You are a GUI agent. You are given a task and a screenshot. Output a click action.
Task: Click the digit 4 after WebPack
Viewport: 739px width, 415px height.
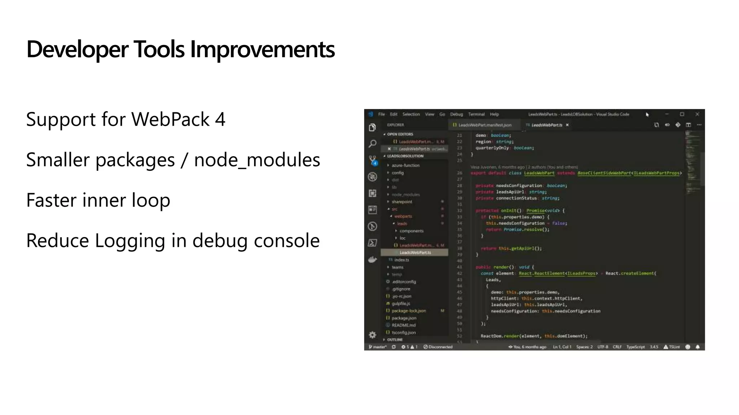(x=220, y=120)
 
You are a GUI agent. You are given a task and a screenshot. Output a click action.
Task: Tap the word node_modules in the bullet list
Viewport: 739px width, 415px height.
(x=257, y=160)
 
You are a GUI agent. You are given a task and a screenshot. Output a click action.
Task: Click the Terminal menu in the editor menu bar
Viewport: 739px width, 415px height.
(x=476, y=114)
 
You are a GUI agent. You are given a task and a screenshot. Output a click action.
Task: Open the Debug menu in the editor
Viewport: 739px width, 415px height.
(x=456, y=114)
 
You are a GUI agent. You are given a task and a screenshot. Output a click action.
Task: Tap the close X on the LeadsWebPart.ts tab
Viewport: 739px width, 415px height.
(x=567, y=125)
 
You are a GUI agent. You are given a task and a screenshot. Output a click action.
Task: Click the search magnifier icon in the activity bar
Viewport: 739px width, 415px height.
(x=373, y=144)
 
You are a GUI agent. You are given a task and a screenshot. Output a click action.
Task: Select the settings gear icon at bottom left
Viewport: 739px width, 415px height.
(x=373, y=335)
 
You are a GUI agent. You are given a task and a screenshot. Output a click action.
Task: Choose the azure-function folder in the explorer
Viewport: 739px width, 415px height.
(x=406, y=165)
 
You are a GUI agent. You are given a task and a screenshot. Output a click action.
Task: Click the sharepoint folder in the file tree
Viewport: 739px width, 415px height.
(x=402, y=202)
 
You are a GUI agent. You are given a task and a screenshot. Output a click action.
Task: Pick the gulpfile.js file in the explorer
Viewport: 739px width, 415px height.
(x=401, y=303)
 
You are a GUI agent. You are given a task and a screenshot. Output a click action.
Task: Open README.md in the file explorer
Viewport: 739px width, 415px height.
(x=403, y=325)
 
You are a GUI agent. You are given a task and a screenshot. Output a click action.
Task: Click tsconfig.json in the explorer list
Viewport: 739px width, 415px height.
(x=403, y=333)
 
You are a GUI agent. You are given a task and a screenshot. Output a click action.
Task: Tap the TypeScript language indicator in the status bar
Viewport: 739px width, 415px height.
(x=635, y=347)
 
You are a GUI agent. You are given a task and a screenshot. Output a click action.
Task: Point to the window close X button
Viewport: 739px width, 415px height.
(x=697, y=114)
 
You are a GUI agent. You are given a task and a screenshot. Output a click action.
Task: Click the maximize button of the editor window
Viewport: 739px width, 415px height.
(x=682, y=114)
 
